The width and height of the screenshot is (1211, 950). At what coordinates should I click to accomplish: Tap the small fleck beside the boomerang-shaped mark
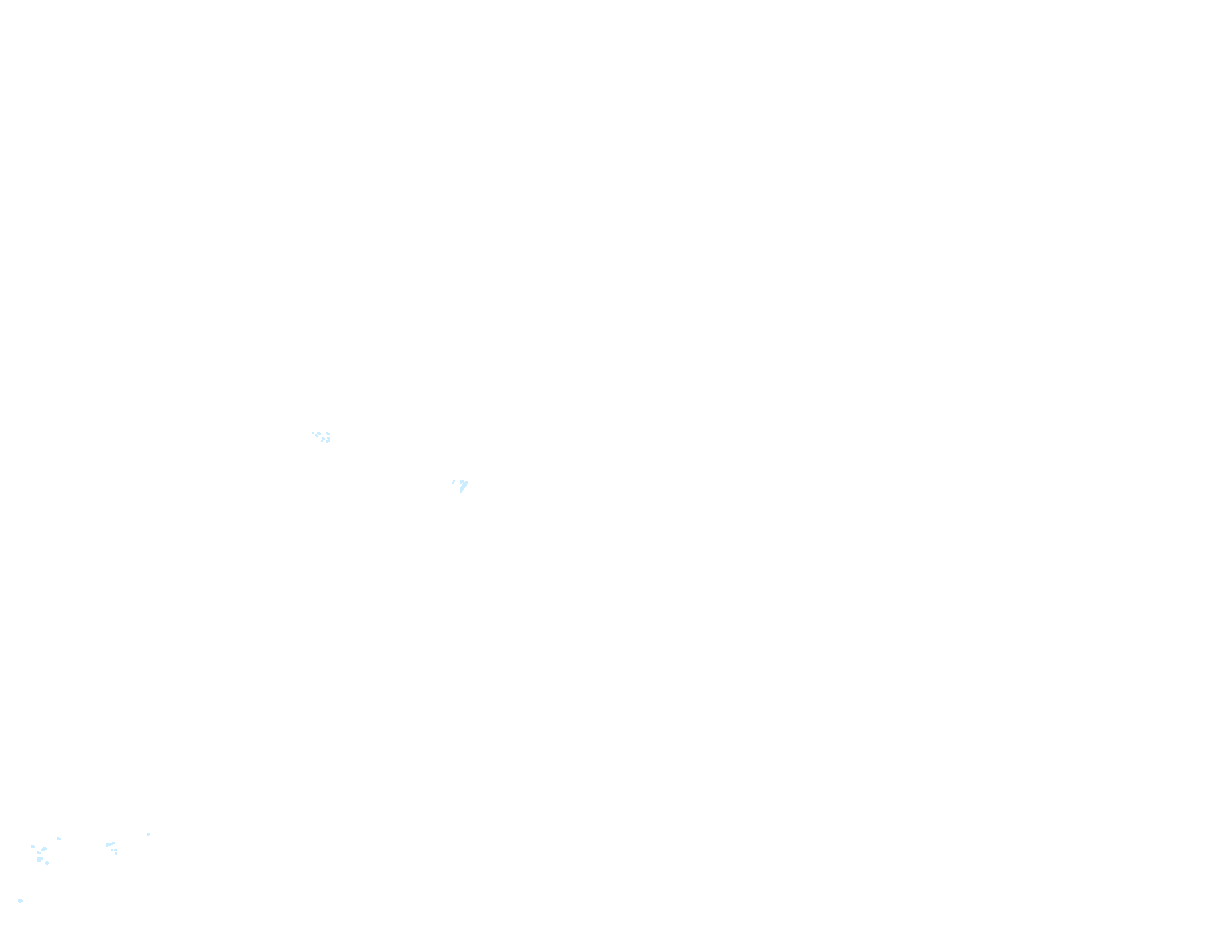[453, 481]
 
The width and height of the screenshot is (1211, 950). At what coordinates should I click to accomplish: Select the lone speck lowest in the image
[21, 901]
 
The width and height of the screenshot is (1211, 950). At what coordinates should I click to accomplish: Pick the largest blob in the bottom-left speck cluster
[39, 859]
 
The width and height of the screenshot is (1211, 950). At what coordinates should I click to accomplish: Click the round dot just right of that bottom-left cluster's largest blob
[47, 863]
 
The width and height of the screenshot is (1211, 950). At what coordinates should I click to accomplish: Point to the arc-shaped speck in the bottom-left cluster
[43, 849]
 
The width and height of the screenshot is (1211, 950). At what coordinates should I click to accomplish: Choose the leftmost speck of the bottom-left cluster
[33, 847]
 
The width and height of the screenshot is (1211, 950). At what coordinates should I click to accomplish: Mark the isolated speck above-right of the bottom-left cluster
[59, 839]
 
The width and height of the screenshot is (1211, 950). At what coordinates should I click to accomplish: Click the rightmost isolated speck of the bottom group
[148, 834]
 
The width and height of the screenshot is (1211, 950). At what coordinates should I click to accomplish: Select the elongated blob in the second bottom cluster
[109, 844]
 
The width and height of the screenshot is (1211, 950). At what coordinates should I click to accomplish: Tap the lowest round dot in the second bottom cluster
[116, 853]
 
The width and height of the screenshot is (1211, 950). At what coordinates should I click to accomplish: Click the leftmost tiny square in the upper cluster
[312, 434]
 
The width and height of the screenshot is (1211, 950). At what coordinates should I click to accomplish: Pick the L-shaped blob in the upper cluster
[328, 440]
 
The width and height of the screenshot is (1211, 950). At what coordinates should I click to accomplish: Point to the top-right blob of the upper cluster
[328, 434]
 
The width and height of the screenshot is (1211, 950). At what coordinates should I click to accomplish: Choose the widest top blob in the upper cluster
[319, 434]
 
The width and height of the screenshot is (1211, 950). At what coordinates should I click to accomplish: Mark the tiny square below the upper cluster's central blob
[322, 440]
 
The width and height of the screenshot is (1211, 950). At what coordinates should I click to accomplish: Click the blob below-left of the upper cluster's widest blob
[316, 436]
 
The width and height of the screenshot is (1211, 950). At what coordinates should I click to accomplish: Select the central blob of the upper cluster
[323, 438]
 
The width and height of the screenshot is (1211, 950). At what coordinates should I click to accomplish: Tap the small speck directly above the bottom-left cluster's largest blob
[39, 853]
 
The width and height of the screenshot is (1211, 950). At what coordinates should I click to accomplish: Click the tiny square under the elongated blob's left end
[107, 846]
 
